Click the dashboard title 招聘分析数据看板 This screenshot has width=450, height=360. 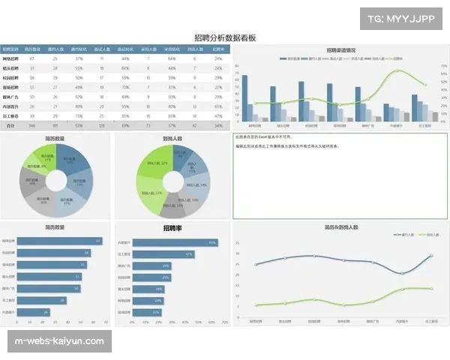point(224,37)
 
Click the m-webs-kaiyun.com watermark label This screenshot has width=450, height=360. point(60,341)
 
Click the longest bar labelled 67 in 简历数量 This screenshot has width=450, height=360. point(59,241)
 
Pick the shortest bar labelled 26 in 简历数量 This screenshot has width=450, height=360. point(33,312)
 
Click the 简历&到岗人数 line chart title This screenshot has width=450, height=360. point(341,226)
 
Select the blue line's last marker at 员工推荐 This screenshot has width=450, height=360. point(431,256)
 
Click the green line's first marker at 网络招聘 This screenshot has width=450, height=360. point(256,306)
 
